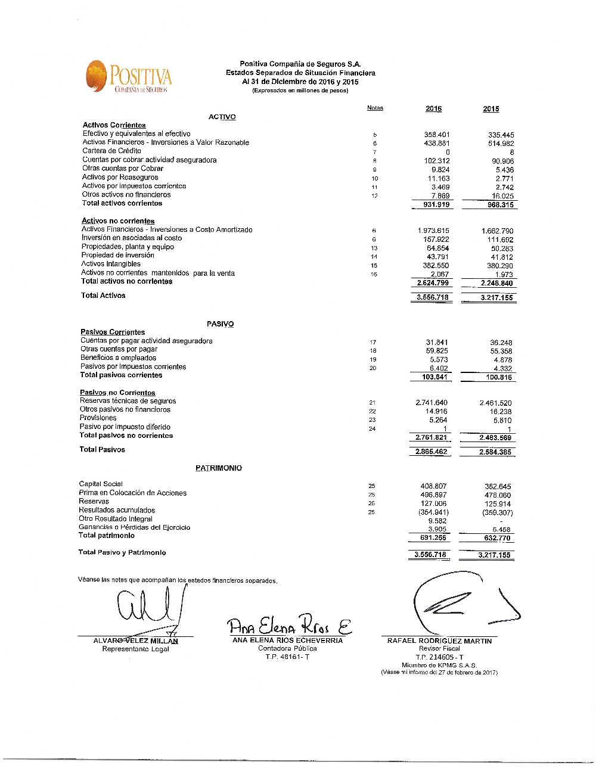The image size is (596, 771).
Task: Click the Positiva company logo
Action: (x=129, y=77)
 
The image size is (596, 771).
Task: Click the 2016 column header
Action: (x=433, y=108)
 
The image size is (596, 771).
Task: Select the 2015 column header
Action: (x=491, y=109)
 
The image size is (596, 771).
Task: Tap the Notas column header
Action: (x=375, y=108)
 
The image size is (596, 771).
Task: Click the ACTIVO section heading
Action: (x=222, y=117)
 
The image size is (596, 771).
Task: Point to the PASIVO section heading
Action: (x=220, y=324)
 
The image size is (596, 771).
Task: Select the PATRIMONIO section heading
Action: (x=219, y=468)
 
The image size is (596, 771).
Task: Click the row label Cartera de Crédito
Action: (x=112, y=151)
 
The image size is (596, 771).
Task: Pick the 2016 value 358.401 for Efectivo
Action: (x=437, y=135)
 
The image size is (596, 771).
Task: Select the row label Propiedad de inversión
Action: (x=117, y=255)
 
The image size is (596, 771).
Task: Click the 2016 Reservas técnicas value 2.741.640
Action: (x=432, y=403)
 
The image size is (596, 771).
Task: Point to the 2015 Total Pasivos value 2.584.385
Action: (x=495, y=452)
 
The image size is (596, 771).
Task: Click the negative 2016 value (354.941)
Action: (x=433, y=512)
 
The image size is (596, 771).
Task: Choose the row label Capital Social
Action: (x=101, y=484)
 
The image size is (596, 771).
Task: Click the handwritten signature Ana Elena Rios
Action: (x=288, y=626)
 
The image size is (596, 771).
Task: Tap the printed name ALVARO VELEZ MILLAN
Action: (x=135, y=641)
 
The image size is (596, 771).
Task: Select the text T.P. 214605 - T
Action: (x=439, y=657)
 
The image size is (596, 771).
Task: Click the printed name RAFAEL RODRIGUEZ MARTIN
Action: (x=439, y=641)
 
